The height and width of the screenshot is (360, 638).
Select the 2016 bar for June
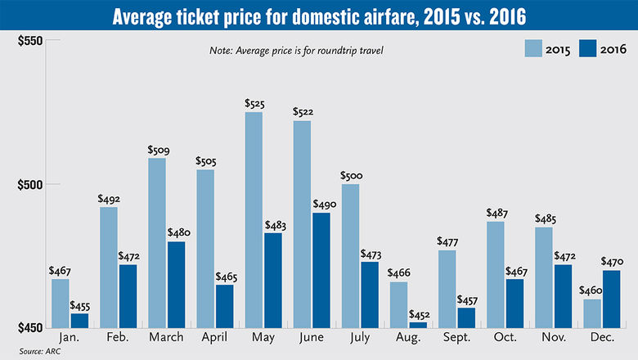[x=321, y=270]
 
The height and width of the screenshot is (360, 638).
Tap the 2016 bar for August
[x=418, y=324]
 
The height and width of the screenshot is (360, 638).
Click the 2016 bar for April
[x=225, y=306]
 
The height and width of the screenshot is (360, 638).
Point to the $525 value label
[x=254, y=104]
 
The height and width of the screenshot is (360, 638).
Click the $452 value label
[x=419, y=314]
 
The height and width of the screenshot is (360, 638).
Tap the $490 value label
[x=321, y=205]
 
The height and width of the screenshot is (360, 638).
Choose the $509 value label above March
[x=157, y=151]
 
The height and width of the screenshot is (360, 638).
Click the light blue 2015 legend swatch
[x=539, y=50]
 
